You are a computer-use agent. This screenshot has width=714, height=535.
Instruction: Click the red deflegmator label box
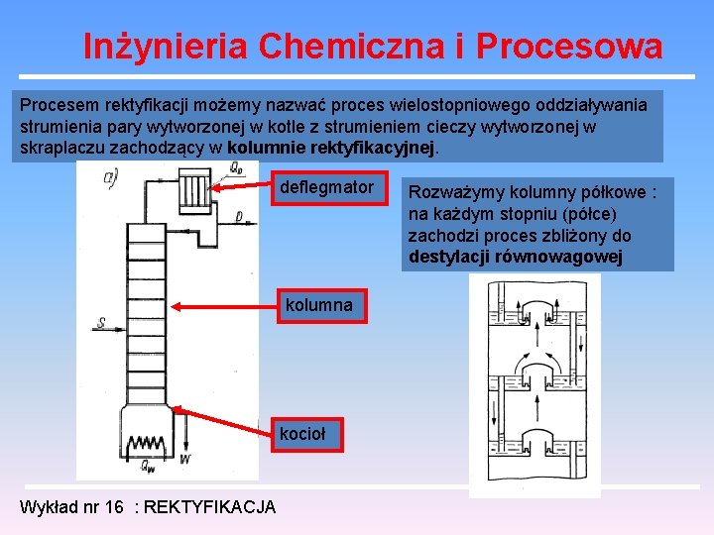327,187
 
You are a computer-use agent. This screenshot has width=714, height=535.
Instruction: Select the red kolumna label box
318,305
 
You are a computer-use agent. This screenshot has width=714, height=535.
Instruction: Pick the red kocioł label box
302,433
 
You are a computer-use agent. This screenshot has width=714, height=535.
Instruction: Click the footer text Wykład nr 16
71,507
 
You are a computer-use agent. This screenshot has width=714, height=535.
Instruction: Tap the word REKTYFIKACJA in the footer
210,507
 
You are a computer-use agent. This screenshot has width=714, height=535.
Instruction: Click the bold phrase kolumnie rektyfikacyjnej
331,148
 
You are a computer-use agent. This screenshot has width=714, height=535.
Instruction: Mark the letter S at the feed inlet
102,322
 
